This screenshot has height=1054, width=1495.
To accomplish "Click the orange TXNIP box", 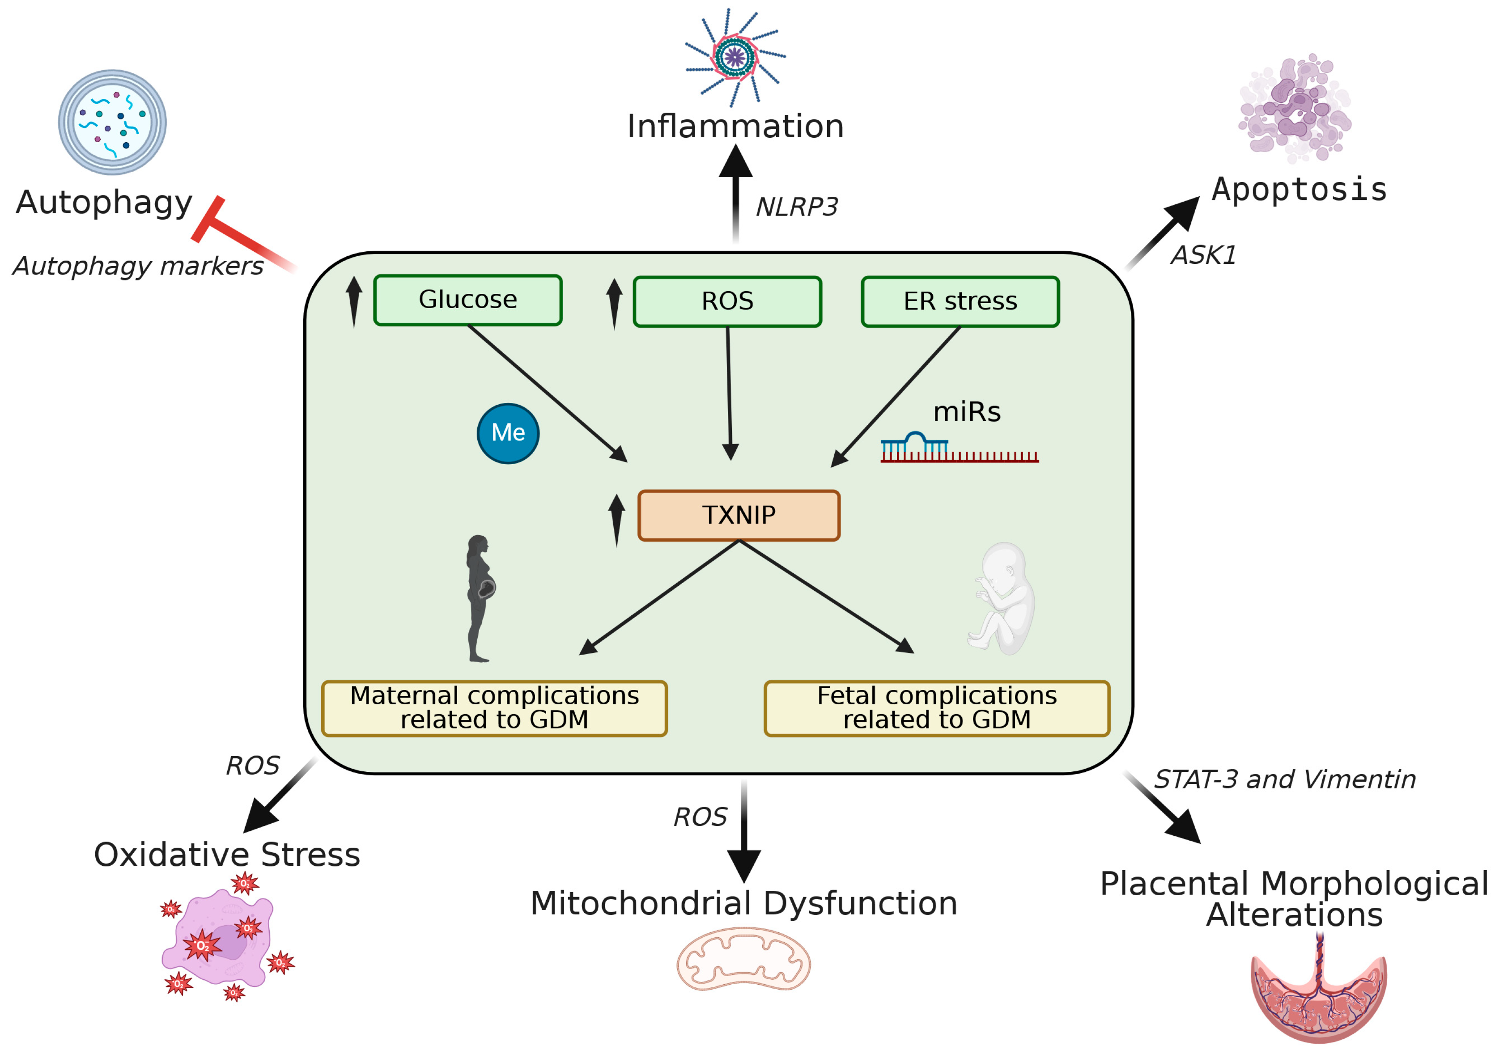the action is pyautogui.click(x=739, y=516).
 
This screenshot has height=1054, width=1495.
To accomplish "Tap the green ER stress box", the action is pyautogui.click(x=960, y=301).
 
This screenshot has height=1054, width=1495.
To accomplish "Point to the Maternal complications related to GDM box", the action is pyautogui.click(x=494, y=708).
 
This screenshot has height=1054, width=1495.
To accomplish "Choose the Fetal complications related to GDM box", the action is pyautogui.click(x=937, y=708).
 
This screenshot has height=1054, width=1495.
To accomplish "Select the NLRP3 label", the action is pyautogui.click(x=796, y=207).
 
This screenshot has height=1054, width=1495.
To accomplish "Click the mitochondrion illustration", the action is pyautogui.click(x=743, y=959).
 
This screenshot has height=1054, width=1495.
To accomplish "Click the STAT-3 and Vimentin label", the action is pyautogui.click(x=1285, y=779).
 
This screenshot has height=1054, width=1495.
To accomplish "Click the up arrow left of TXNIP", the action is pyautogui.click(x=616, y=520).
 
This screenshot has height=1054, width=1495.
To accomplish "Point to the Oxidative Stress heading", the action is pyautogui.click(x=227, y=855).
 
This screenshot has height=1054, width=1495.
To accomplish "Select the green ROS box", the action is pyautogui.click(x=727, y=301).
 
